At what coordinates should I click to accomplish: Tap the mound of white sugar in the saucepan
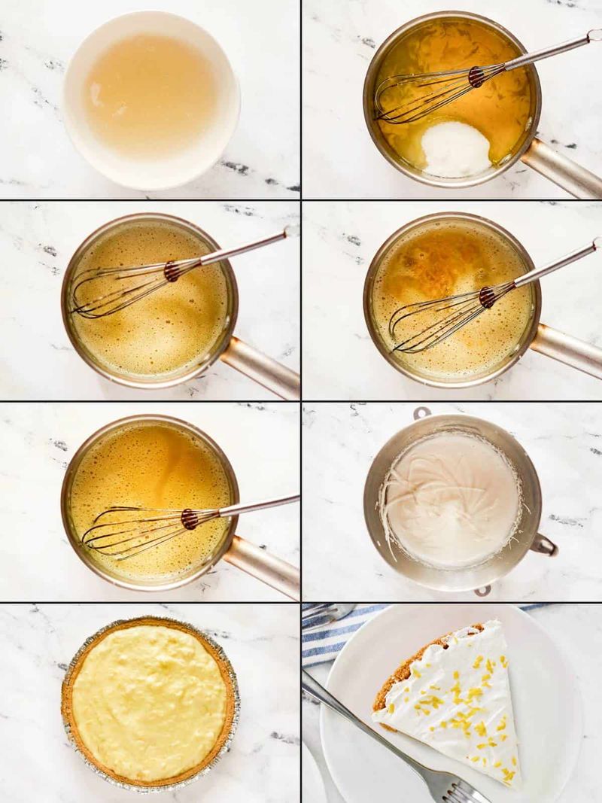[x=456, y=148]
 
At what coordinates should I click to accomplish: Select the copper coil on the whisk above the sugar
[x=476, y=76]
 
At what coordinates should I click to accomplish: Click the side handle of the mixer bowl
[x=544, y=544]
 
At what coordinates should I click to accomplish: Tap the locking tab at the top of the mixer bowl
[x=422, y=412]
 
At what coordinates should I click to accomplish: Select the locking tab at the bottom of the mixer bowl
[x=482, y=590]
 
